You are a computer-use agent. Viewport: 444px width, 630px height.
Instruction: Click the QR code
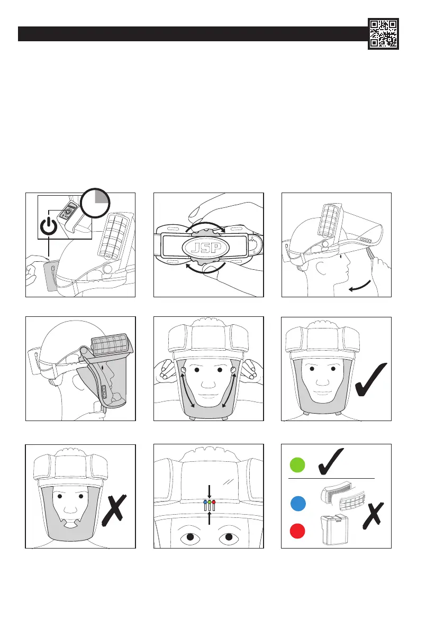[384, 33]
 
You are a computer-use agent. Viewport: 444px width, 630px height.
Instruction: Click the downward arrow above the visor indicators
[210, 491]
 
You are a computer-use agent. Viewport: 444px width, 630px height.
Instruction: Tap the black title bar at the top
[191, 34]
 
